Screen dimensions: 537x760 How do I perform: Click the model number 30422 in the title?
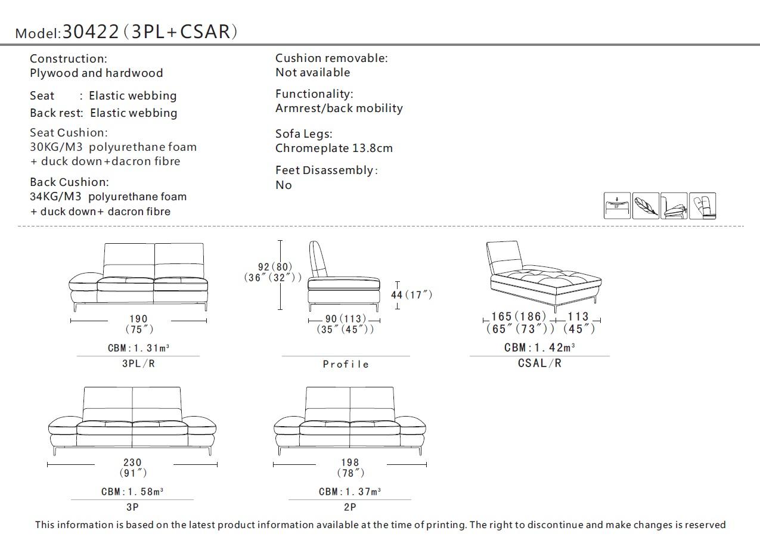tap(91, 32)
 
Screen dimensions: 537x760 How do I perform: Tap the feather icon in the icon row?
tap(646, 206)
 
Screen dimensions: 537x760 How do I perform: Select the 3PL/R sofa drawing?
tap(138, 275)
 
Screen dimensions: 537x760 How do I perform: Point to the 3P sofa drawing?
tap(132, 420)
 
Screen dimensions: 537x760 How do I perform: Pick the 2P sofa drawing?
tap(350, 420)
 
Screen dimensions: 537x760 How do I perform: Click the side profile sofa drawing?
tap(343, 275)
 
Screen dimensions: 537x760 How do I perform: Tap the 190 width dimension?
tap(138, 319)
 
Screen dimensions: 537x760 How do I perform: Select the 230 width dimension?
tap(132, 462)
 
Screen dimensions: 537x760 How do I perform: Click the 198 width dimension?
tap(350, 462)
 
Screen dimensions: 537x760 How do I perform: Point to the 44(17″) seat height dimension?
tap(411, 294)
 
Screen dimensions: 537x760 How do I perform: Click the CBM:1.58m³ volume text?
tap(132, 492)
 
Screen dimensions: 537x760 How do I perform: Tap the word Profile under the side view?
tap(346, 364)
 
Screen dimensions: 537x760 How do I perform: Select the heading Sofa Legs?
tap(303, 134)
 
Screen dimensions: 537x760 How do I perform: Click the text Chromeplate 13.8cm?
tap(334, 148)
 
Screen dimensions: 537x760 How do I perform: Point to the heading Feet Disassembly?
tap(326, 170)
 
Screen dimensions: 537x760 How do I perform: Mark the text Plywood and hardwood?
tap(96, 73)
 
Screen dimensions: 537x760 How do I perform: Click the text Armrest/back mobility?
tap(339, 108)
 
